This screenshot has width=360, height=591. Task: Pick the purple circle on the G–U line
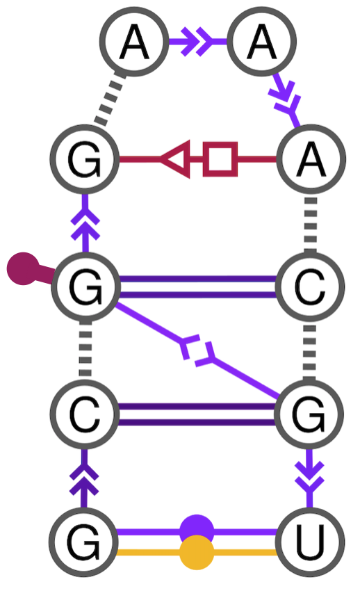click(197, 531)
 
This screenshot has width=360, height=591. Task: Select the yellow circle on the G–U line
click(197, 553)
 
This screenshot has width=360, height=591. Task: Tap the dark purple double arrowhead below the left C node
click(85, 478)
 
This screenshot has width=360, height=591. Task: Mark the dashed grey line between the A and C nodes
click(311, 222)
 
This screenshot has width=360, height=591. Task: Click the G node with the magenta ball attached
click(85, 287)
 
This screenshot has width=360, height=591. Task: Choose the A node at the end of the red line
click(311, 159)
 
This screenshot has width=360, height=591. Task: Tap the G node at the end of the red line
click(85, 159)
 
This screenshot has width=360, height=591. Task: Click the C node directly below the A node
click(311, 287)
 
